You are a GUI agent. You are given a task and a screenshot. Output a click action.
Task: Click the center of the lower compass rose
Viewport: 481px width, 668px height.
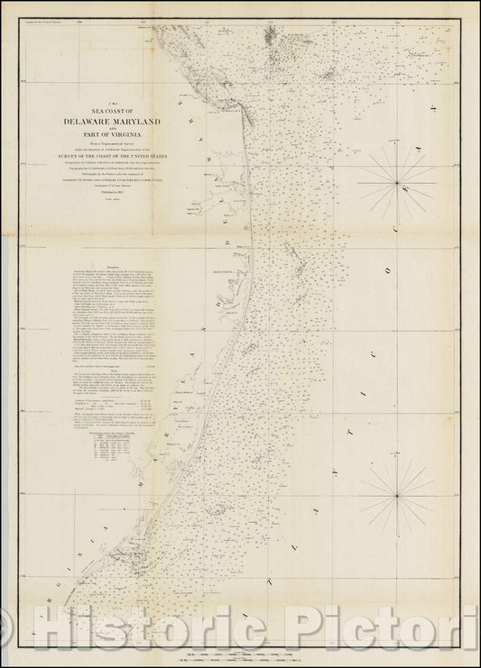tap(396, 495)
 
